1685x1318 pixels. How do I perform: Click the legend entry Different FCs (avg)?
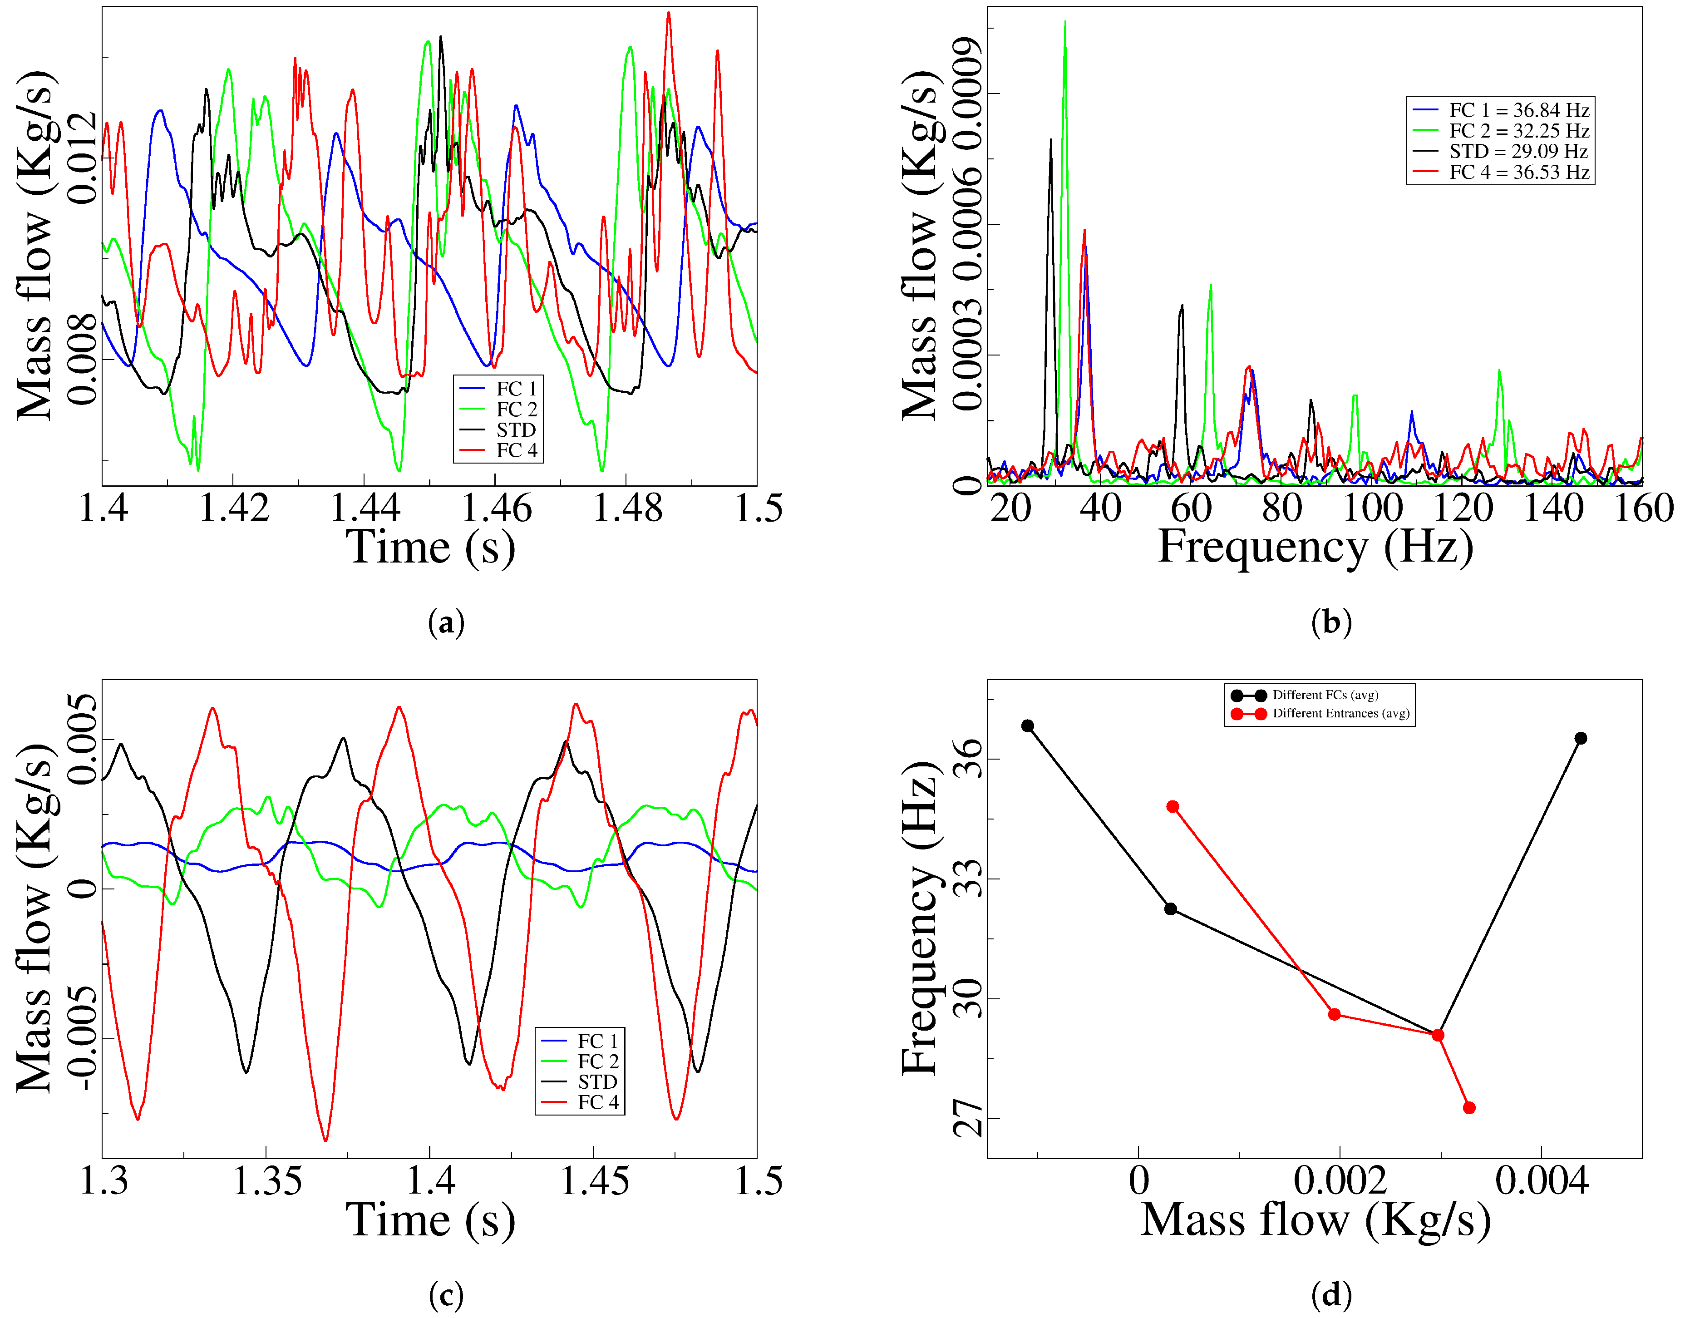(1325, 695)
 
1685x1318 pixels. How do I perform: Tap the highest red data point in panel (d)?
(1173, 806)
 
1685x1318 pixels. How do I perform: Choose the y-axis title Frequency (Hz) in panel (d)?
(920, 918)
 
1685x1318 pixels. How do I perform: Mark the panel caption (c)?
(446, 1295)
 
